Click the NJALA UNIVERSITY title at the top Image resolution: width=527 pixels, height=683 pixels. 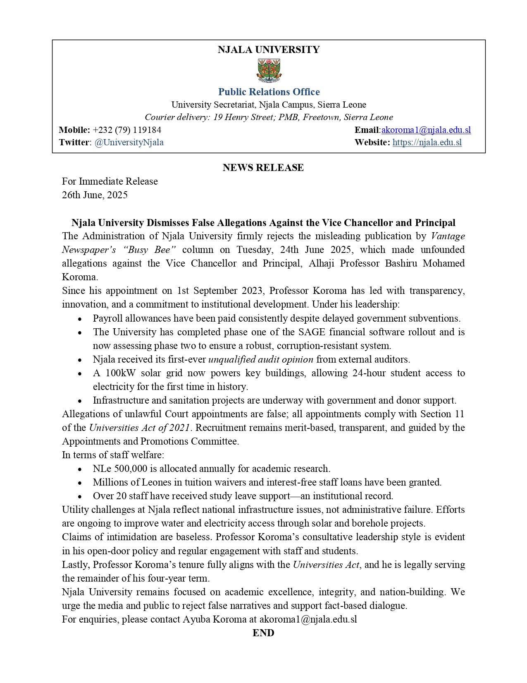click(x=269, y=50)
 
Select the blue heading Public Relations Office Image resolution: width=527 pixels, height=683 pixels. click(x=269, y=91)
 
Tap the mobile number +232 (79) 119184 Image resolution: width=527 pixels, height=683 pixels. click(x=127, y=130)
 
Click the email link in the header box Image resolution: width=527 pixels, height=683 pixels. click(x=426, y=130)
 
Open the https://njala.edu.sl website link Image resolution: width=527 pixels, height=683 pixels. click(x=427, y=142)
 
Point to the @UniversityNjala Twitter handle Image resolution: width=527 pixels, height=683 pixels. click(x=129, y=142)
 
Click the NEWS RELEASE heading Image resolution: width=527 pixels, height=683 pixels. click(x=263, y=168)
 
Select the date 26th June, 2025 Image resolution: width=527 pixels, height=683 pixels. click(x=95, y=195)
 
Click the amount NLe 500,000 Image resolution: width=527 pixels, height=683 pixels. click(x=124, y=469)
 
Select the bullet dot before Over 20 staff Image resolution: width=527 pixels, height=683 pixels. click(x=80, y=496)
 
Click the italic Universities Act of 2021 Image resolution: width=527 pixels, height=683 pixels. click(x=139, y=428)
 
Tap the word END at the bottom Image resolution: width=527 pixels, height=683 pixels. click(x=263, y=633)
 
